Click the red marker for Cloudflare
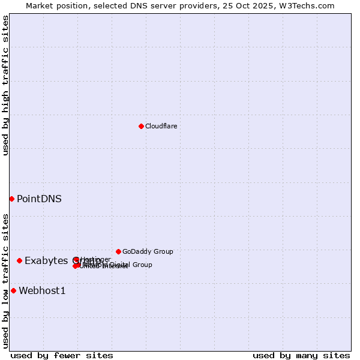pyautogui.click(x=141, y=126)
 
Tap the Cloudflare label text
pyautogui.click(x=161, y=126)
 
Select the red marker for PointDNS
pyautogui.click(x=11, y=199)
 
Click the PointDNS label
pyautogui.click(x=39, y=199)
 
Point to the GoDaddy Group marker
pyautogui.click(x=118, y=251)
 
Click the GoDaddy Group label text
pyautogui.click(x=148, y=251)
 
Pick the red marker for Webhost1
pyautogui.click(x=13, y=290)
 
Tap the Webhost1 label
pyautogui.click(x=42, y=291)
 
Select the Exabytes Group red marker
pyautogui.click(x=19, y=260)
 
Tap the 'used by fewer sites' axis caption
pyautogui.click(x=62, y=355)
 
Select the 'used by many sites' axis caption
pyautogui.click(x=301, y=355)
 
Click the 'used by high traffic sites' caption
pyautogui.click(x=5, y=85)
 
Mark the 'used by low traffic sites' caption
pyautogui.click(x=5, y=281)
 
